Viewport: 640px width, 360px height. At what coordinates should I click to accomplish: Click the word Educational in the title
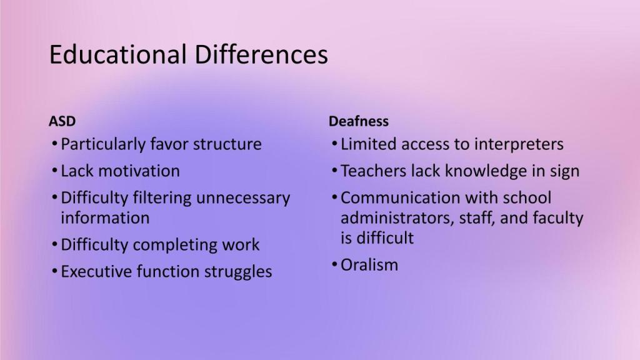click(118, 54)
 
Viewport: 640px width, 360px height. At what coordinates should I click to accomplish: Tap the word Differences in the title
click(261, 54)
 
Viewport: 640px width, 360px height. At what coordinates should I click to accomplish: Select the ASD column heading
click(62, 121)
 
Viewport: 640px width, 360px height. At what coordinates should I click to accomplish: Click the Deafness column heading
click(358, 121)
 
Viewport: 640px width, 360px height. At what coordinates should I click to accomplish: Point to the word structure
click(227, 144)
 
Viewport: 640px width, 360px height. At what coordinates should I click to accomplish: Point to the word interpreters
click(519, 145)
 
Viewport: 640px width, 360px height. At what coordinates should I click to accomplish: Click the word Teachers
click(374, 171)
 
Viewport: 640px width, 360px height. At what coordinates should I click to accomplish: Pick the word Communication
click(401, 198)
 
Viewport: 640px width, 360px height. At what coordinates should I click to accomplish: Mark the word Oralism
click(369, 265)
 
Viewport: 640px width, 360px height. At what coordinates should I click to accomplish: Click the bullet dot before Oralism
click(334, 265)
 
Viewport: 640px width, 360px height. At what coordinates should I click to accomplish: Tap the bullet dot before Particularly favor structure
click(55, 144)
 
